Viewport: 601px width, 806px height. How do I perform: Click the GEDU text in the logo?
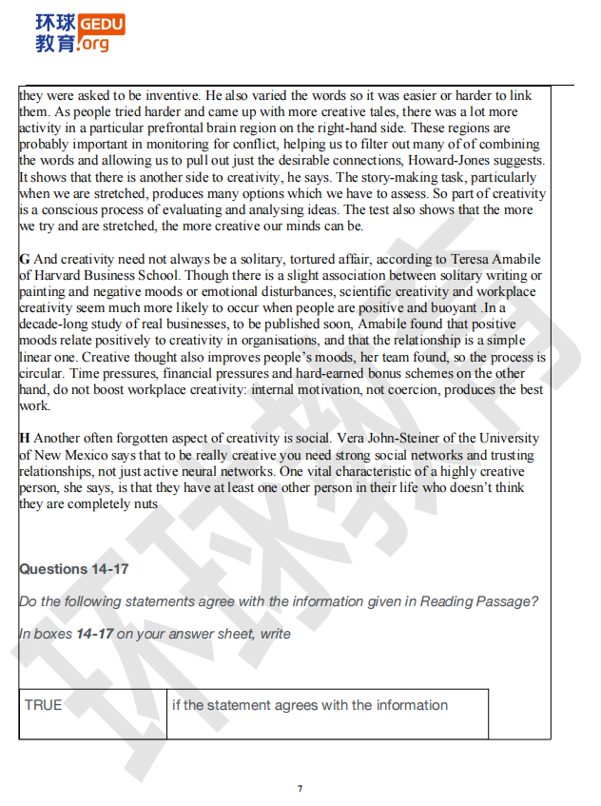[x=100, y=23]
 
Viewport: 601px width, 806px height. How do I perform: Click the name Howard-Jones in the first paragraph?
[x=443, y=161]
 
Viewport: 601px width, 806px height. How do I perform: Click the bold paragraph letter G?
[x=25, y=259]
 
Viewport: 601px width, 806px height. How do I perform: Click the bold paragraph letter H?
[x=25, y=439]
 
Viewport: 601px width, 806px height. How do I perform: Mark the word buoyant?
[x=452, y=308]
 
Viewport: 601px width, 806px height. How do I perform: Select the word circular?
[x=42, y=373]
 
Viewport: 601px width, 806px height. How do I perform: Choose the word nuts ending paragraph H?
[x=144, y=504]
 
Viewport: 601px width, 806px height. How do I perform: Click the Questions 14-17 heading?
[x=74, y=569]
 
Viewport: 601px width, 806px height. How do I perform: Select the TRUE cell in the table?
[x=44, y=705]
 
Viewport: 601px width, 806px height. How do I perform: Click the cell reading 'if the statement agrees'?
[x=309, y=705]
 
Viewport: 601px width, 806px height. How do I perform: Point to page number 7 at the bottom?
[x=300, y=788]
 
